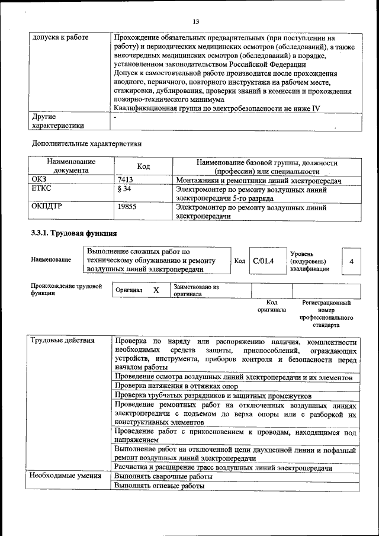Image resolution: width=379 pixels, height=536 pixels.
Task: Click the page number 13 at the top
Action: tap(196, 22)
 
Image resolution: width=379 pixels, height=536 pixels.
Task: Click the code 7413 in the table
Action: tap(124, 180)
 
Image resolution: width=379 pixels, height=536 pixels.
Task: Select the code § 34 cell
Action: tap(124, 190)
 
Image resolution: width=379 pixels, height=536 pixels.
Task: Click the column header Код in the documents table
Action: tap(143, 166)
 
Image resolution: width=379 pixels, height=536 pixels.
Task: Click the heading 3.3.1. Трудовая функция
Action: tap(73, 233)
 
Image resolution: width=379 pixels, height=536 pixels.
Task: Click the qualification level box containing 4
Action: tap(352, 261)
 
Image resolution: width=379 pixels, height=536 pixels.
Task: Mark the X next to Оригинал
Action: tap(156, 291)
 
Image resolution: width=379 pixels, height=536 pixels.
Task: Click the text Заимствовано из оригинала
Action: tap(196, 290)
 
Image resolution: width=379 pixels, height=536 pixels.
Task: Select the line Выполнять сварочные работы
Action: tap(163, 476)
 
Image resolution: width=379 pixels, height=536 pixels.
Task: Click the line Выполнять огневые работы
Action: tap(159, 486)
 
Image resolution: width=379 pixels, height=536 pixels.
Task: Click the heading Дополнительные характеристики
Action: tap(86, 143)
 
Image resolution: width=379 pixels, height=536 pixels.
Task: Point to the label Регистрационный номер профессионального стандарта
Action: tap(326, 314)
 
